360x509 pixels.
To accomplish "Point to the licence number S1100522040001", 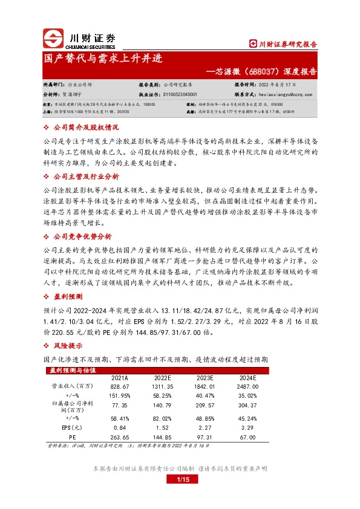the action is pos(184,94).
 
